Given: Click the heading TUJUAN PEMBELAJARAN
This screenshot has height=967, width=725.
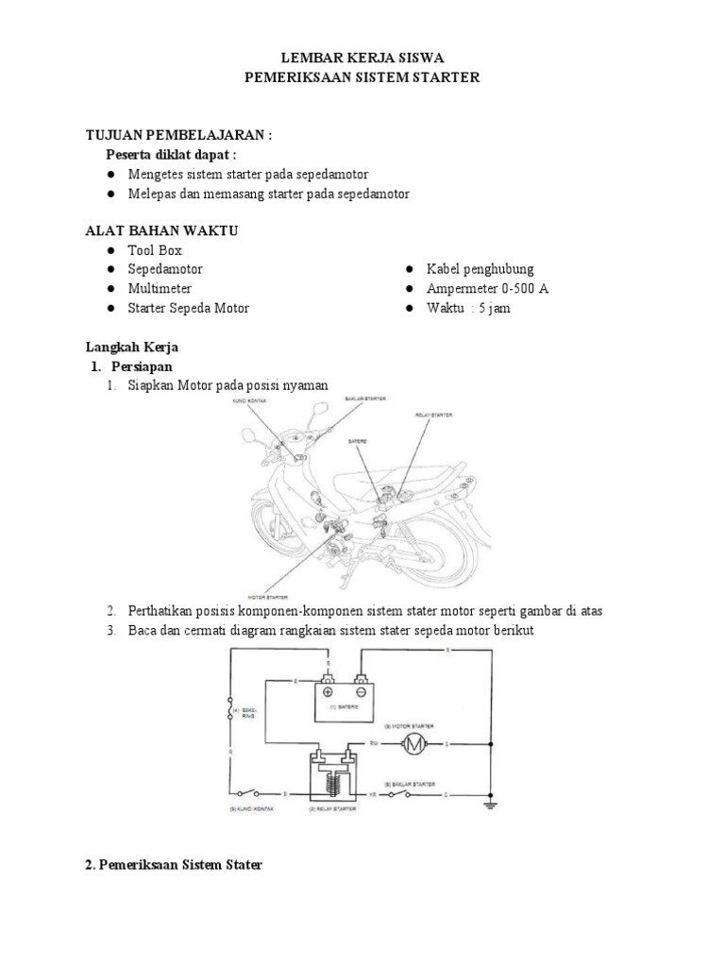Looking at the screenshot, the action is [178, 135].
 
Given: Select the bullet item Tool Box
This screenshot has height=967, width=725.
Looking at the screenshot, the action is [155, 250].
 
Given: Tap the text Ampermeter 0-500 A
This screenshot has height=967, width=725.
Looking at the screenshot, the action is [487, 288].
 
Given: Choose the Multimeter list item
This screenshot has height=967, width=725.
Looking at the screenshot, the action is [160, 288].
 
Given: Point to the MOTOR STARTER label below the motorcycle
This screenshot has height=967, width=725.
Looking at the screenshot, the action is [266, 597].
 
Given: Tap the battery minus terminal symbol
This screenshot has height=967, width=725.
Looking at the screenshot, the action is [360, 691].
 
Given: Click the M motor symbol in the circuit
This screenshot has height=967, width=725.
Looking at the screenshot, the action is [414, 746].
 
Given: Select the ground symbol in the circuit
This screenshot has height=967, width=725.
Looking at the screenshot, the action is [490, 804].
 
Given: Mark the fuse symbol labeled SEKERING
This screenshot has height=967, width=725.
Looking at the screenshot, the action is [229, 707].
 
